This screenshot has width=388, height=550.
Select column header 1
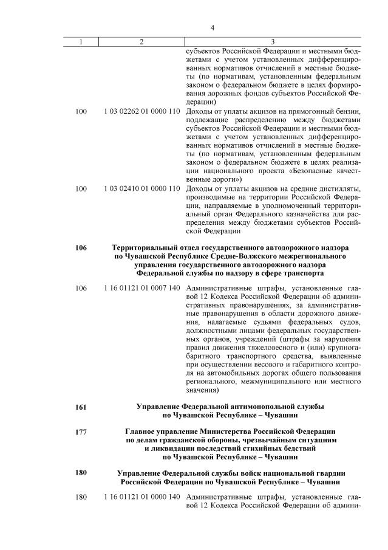point(81,41)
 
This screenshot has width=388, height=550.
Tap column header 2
point(141,41)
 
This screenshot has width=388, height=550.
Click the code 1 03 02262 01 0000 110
point(141,112)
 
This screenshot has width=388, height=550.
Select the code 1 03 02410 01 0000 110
point(141,188)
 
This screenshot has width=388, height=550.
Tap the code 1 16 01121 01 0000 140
point(141,497)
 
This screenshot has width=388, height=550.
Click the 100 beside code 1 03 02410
point(81,188)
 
